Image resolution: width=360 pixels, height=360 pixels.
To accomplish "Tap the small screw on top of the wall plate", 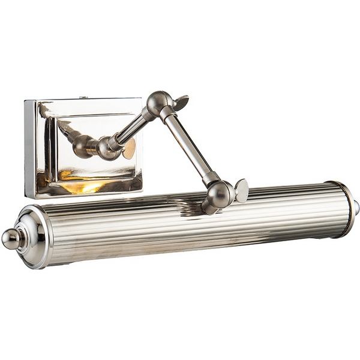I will coord(84,97).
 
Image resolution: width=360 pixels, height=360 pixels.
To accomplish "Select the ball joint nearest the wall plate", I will coord(108,147).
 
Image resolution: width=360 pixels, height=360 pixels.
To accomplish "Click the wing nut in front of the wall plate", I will coord(129,149).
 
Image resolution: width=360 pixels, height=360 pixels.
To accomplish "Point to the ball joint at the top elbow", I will coord(158,103).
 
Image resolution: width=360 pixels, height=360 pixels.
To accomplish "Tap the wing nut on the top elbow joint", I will coord(179,102).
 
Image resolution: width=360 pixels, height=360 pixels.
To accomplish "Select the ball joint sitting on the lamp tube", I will coord(219,195).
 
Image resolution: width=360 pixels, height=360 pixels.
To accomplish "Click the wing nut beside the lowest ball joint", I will coord(241,190).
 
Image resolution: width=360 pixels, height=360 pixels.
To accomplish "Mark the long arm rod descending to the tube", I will coord(187,147).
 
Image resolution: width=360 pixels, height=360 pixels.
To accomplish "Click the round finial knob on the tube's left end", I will coord(10,238).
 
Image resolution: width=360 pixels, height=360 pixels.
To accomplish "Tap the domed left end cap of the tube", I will coord(35,236).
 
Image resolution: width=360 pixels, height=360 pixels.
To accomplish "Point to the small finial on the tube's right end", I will coord(356,208).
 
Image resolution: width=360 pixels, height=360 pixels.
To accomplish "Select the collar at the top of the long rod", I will coord(166,115).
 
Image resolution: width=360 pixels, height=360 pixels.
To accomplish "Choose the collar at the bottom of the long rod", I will coord(209,179).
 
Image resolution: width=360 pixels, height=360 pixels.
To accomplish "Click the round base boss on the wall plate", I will coord(83,146).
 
